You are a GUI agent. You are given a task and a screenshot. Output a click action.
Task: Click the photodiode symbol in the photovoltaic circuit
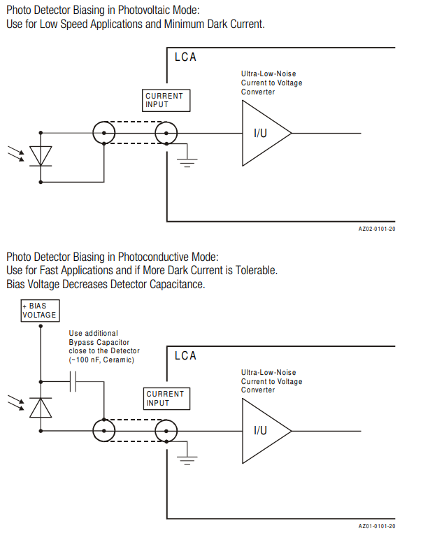point(41,156)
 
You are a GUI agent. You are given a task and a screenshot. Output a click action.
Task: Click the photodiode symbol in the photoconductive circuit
point(41,406)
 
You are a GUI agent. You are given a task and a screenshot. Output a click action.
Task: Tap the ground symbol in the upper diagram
point(187,162)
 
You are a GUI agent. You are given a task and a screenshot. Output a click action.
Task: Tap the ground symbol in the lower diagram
point(187,460)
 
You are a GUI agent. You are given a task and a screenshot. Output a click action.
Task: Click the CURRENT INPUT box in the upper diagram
point(166,100)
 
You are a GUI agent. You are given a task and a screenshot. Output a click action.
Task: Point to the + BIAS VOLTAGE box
point(39,311)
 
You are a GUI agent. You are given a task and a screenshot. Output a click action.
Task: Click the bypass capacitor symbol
point(75,381)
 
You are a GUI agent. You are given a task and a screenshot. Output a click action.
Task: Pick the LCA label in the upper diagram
point(185,57)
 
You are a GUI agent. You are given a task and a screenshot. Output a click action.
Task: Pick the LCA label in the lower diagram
point(185,355)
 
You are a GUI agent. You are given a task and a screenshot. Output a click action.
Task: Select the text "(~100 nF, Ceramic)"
point(101,359)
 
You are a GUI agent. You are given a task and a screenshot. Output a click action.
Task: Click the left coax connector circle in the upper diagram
point(103,132)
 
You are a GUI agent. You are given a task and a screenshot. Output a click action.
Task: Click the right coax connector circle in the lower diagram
point(166,430)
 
